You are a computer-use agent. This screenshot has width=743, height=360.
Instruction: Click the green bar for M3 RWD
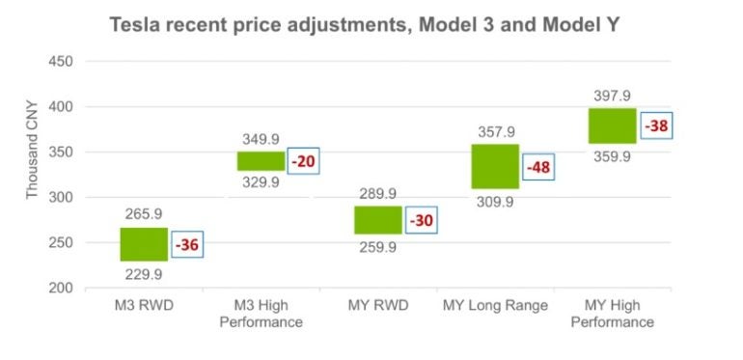(144, 244)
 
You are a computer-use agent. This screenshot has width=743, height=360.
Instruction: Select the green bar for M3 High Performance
(261, 161)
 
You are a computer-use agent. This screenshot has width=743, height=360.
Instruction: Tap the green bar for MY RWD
(377, 220)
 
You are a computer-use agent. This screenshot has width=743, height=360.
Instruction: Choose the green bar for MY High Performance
(612, 125)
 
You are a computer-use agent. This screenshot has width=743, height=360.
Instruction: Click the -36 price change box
(187, 245)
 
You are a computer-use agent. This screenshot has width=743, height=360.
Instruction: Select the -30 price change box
(420, 220)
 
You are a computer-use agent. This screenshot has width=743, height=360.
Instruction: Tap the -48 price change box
(537, 167)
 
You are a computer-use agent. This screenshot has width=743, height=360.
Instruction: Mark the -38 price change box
(655, 125)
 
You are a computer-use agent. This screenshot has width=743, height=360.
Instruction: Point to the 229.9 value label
(144, 274)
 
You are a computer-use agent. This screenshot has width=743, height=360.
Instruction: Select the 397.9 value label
(613, 96)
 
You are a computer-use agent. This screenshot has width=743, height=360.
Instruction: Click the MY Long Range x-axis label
(495, 306)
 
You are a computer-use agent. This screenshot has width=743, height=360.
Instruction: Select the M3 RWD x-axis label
(144, 306)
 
